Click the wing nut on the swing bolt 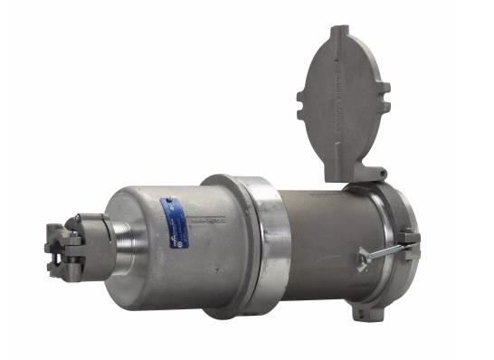[363, 259]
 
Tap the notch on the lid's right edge [385, 90]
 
